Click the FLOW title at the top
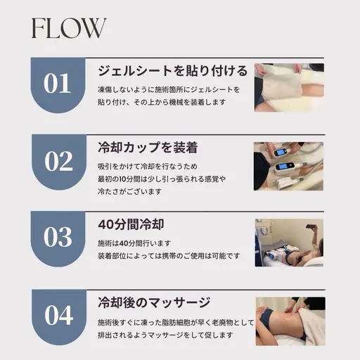(67, 28)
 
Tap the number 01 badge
(58, 84)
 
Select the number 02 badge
(58, 161)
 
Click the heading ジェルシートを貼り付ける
(172, 71)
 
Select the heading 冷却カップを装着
(147, 148)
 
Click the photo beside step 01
(288, 88)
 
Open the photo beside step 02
(288, 166)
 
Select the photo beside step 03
(288, 243)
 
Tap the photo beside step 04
(288, 320)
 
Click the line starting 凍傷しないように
(169, 89)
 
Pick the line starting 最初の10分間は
(162, 178)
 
